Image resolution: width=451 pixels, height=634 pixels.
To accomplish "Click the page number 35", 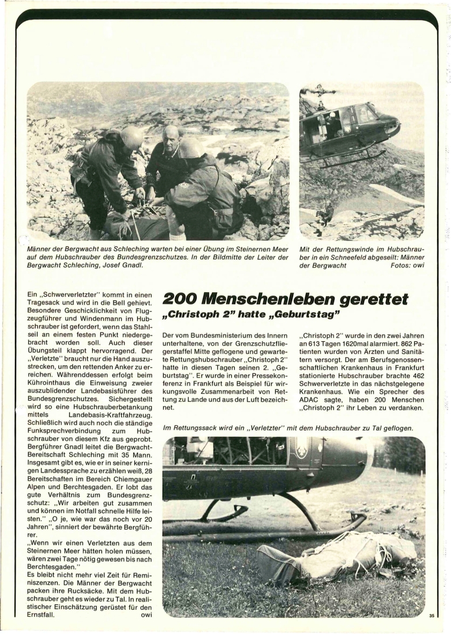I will point(431,616).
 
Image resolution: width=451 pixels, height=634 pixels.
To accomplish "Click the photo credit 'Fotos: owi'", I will point(406,266).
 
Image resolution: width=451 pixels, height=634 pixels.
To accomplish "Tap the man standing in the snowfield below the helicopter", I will point(326,213).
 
